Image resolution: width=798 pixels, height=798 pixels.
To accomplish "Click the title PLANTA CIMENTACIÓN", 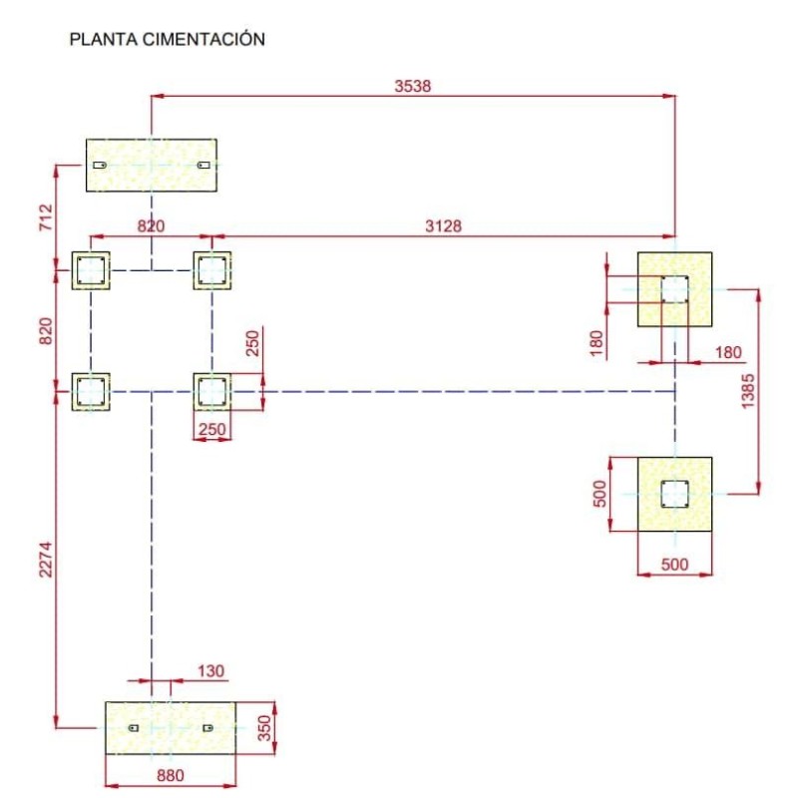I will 167,41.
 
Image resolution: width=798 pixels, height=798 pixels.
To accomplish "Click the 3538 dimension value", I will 412,87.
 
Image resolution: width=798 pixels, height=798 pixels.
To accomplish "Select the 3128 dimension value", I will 443,226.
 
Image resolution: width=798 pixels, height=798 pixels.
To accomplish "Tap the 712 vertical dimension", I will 45,216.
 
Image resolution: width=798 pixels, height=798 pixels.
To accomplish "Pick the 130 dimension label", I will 210,671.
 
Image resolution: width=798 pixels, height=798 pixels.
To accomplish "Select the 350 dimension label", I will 264,728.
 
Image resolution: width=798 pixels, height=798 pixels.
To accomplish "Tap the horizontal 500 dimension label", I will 674,564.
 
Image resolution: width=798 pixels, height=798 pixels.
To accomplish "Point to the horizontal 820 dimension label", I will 151,226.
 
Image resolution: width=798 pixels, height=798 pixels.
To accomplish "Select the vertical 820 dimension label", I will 45,330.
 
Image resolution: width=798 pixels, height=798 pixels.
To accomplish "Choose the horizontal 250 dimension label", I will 211,429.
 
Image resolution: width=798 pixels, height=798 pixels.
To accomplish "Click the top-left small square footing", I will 91,270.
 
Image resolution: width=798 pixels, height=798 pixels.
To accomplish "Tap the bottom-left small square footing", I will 91,391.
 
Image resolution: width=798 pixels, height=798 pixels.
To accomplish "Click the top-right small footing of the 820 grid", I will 211,270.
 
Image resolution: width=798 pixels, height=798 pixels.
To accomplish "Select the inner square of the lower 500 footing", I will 674,493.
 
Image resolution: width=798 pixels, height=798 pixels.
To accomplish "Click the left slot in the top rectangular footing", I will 100,165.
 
